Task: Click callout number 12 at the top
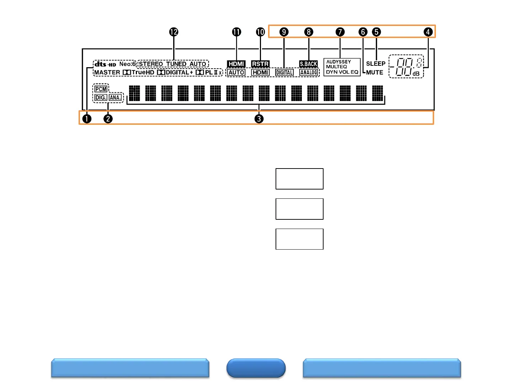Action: coord(174,32)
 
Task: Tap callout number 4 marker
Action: coord(428,32)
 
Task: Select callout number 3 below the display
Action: coord(259,119)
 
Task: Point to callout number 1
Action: coord(87,119)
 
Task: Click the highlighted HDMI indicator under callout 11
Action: coord(236,64)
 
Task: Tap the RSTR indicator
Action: coord(260,64)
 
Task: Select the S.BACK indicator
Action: coord(308,64)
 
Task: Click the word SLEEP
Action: coord(375,64)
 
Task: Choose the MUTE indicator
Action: coord(374,72)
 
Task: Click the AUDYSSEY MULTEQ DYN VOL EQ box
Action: coord(342,67)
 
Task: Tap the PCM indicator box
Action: coord(101,89)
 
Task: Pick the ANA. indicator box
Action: coord(115,97)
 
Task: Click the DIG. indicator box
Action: coord(101,97)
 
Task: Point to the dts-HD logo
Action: coord(105,64)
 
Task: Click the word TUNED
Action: coord(176,64)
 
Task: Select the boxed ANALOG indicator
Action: coord(308,73)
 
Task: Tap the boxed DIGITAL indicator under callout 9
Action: coord(284,73)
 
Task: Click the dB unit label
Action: coord(416,74)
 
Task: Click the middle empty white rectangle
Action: coord(299,209)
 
